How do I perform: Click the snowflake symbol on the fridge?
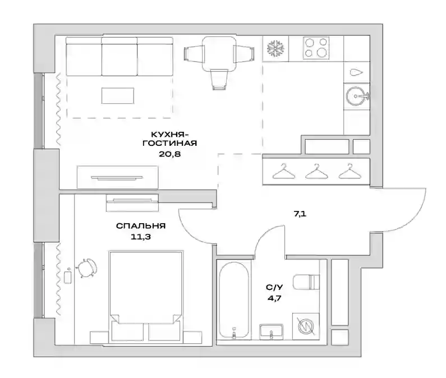tap(275, 48)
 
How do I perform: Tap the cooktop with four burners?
tap(316, 48)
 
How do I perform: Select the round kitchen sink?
tap(357, 96)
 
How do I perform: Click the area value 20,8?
tap(170, 154)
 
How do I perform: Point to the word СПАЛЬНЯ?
tap(141, 226)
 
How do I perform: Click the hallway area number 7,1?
tap(300, 214)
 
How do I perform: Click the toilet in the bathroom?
tap(306, 282)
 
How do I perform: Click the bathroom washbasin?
tap(271, 332)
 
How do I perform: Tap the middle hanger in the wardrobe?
tap(316, 172)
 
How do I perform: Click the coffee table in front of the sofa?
tap(117, 95)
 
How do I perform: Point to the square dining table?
tap(219, 53)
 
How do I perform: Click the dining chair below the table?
tap(219, 80)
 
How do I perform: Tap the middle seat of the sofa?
tap(119, 57)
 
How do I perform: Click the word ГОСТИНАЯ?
tap(170, 143)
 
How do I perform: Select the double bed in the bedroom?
tap(146, 296)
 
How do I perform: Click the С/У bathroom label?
tap(274, 287)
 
